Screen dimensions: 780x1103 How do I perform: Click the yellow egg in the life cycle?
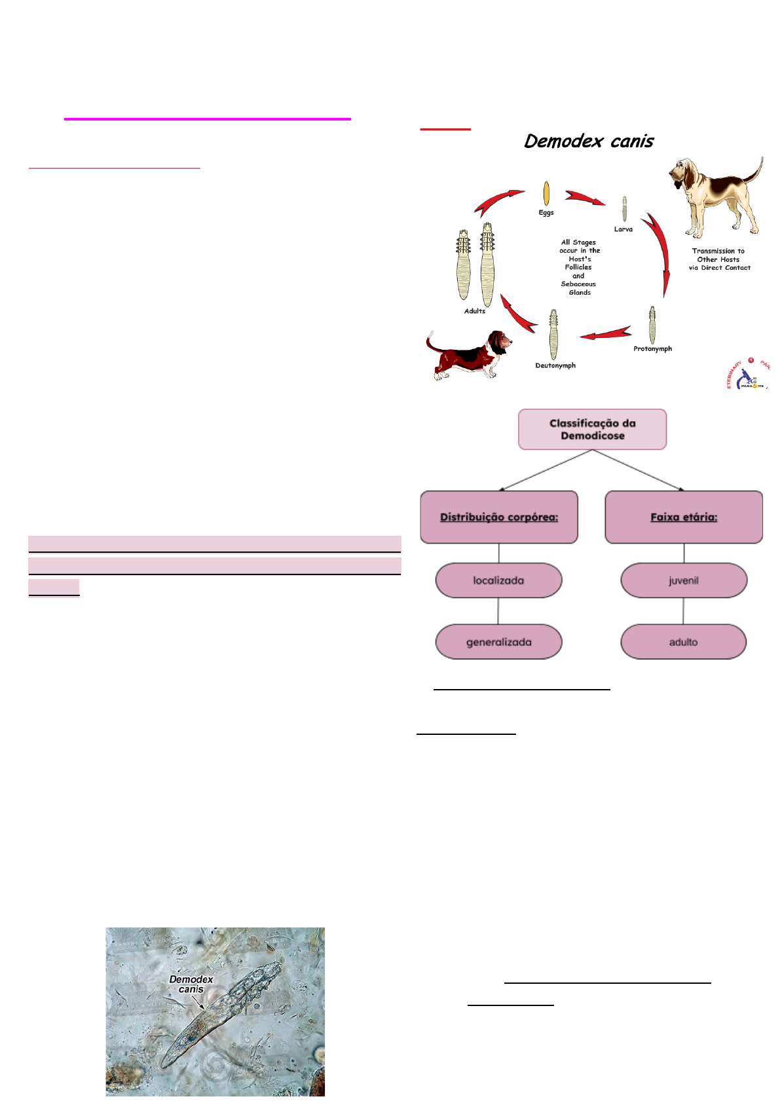click(546, 193)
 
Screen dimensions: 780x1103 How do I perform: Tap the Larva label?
click(623, 229)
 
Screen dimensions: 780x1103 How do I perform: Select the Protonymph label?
click(652, 348)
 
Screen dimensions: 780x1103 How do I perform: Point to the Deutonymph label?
click(555, 365)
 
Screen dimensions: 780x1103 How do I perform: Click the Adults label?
click(475, 310)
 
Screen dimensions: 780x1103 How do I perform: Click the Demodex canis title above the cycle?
click(589, 141)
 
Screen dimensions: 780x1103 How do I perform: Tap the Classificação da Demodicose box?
click(593, 430)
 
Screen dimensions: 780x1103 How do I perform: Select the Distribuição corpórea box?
click(499, 517)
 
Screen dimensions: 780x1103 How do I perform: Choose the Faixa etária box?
click(684, 517)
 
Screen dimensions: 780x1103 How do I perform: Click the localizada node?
click(499, 580)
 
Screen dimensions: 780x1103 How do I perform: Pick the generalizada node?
click(499, 642)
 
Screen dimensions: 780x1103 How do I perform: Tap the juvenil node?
click(684, 580)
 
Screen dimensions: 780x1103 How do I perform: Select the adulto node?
click(684, 642)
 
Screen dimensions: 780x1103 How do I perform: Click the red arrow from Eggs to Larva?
click(584, 197)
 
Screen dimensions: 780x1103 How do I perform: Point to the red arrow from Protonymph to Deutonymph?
click(605, 333)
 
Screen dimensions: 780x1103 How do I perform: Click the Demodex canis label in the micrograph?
click(191, 984)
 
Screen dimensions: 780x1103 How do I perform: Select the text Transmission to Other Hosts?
click(718, 255)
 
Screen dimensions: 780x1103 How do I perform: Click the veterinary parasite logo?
click(749, 375)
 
